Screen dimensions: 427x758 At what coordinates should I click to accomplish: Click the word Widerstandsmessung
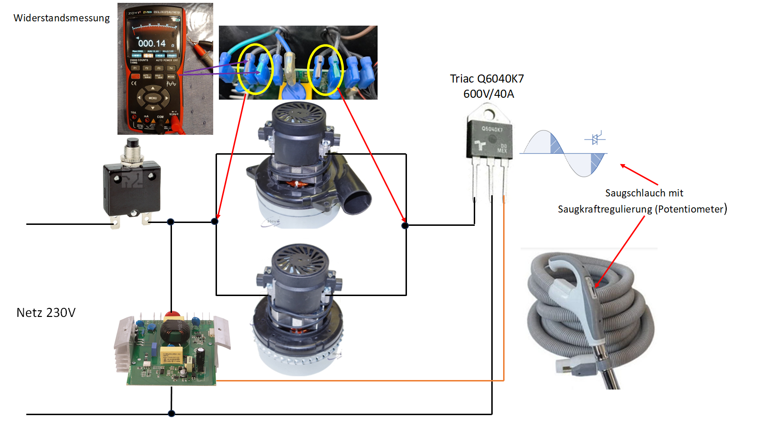click(x=62, y=18)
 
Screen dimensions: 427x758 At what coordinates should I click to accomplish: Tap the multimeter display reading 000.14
click(x=152, y=43)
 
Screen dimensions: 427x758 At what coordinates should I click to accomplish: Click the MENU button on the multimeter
click(x=153, y=98)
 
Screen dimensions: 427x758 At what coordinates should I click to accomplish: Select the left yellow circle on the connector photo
click(x=255, y=69)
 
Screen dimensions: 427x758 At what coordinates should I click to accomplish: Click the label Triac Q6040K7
click(x=487, y=79)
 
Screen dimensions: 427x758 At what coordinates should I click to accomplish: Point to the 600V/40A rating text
click(x=488, y=94)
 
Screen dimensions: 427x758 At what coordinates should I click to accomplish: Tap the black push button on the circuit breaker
click(x=132, y=143)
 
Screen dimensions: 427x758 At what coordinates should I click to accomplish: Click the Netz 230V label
click(x=46, y=313)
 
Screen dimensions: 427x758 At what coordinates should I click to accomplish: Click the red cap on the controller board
click(x=172, y=315)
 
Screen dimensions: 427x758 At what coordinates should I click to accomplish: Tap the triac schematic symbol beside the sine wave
click(x=596, y=139)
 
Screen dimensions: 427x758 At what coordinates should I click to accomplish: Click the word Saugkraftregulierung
click(x=605, y=209)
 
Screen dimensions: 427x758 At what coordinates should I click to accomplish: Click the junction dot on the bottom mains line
click(x=171, y=414)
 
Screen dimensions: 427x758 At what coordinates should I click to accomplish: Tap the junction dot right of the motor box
click(x=405, y=226)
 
